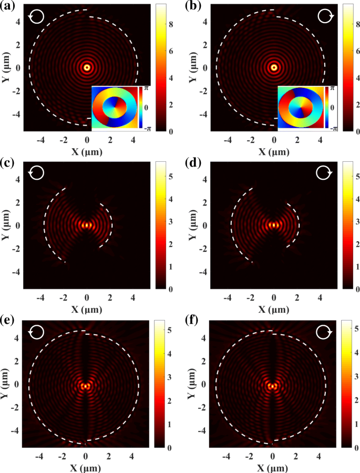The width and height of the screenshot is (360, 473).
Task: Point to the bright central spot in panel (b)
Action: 274,67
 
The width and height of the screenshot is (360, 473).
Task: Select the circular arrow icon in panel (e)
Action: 37,332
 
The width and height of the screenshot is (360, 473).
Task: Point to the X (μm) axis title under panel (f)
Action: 273,467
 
